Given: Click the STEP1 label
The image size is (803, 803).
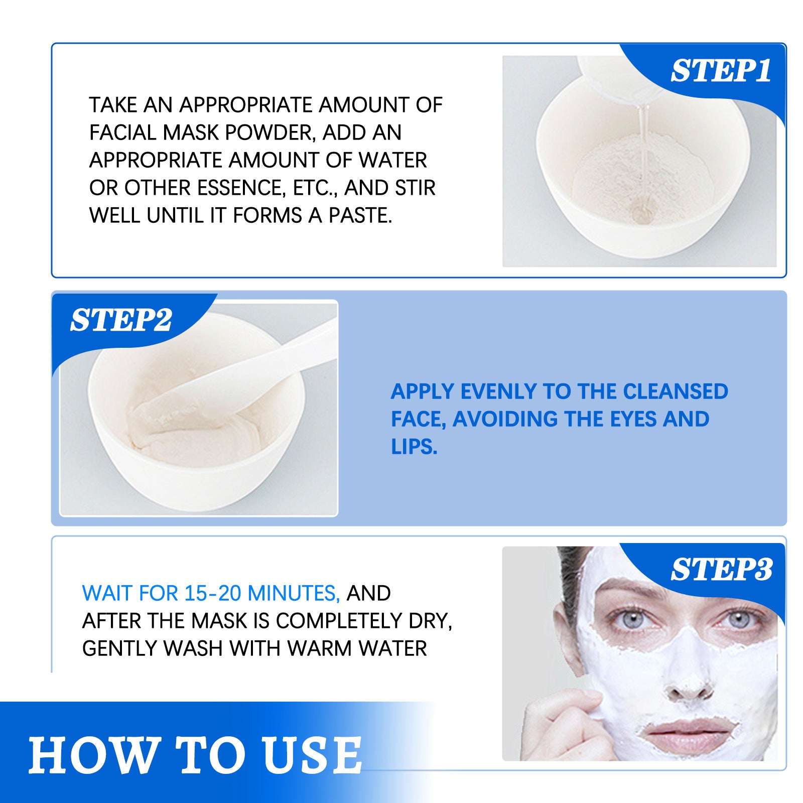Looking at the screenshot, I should coord(721,71).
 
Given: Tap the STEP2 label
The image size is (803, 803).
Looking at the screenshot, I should coord(121,320).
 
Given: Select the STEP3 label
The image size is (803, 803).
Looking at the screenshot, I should coord(721,570).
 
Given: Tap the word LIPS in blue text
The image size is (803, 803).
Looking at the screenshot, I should coord(414,447).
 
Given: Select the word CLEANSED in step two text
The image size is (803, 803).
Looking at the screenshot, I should coord(676,391).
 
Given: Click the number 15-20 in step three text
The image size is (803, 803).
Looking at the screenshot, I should coord(213,593).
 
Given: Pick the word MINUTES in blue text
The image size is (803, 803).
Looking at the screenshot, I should coord(294,593).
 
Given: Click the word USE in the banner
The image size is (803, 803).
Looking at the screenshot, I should coord(312,755).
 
